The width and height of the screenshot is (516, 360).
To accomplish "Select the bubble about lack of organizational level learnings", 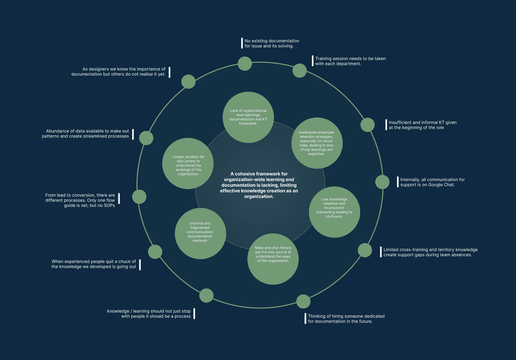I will (248, 117).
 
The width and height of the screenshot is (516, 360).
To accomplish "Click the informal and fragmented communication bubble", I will (200, 232).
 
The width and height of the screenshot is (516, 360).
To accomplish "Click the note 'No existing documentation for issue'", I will (272, 43).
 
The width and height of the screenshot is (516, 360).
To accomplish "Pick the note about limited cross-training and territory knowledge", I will (430, 252).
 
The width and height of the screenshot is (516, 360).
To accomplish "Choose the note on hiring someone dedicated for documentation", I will (346, 319).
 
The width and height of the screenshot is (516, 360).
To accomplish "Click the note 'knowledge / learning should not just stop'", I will (149, 314).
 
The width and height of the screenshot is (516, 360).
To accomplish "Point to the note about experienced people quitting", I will (94, 264).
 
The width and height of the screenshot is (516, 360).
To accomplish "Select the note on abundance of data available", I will (86, 133).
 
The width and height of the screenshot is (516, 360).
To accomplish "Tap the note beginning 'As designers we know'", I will (119, 71).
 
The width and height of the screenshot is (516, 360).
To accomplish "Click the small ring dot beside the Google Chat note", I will (382, 182).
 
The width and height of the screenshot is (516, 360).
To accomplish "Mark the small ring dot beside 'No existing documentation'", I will (245, 63).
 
